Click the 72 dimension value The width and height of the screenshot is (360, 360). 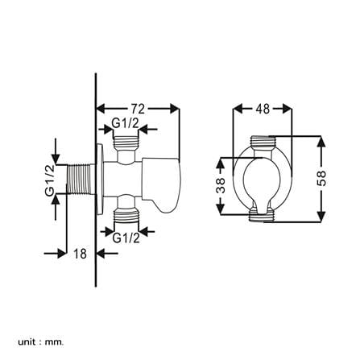[x=138, y=109]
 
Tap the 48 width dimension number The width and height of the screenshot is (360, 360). [x=263, y=109]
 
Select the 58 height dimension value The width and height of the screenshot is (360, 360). [x=321, y=178]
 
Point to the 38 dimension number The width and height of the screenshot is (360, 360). [x=221, y=185]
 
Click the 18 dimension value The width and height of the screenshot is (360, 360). [x=81, y=254]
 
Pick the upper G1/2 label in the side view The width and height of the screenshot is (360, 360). [x=126, y=123]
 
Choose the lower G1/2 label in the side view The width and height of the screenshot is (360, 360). [x=126, y=238]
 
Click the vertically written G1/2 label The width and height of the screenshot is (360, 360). [x=50, y=180]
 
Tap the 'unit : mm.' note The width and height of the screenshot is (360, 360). [x=41, y=334]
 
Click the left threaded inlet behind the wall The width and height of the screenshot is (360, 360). [x=80, y=179]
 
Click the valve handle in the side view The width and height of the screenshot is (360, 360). [x=163, y=184]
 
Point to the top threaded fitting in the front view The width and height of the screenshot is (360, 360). [x=263, y=142]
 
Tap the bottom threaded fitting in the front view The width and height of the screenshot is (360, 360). [x=262, y=216]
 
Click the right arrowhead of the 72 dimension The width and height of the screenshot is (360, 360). [x=175, y=109]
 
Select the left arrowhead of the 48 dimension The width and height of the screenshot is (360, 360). [x=238, y=110]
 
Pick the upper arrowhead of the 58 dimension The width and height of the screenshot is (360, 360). [x=321, y=142]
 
